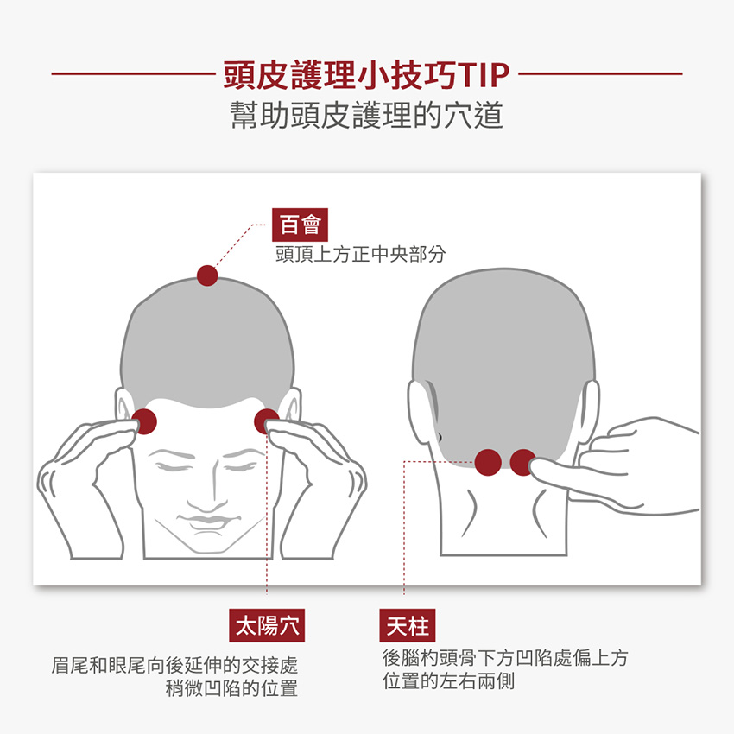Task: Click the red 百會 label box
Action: [300, 225]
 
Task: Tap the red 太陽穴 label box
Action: [267, 625]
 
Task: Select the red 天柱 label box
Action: [408, 625]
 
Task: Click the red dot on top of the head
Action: [207, 275]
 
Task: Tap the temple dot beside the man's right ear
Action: [145, 421]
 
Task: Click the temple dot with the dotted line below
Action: [266, 421]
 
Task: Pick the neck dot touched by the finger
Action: [523, 463]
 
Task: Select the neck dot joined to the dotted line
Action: [488, 463]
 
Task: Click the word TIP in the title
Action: [485, 75]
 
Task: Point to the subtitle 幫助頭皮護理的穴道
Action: [366, 115]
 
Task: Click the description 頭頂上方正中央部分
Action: [360, 254]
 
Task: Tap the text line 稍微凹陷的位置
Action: [231, 688]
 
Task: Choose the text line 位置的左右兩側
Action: [448, 681]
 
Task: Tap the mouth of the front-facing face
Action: [209, 521]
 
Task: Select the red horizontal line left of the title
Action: [133, 73]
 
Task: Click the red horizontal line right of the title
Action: [601, 73]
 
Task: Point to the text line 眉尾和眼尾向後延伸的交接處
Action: [174, 665]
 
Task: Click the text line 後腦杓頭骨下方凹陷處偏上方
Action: [505, 658]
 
